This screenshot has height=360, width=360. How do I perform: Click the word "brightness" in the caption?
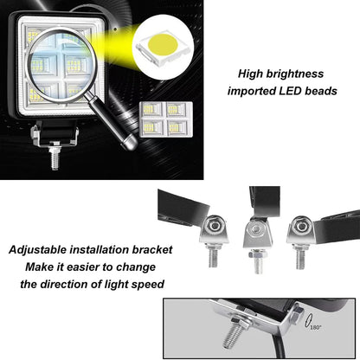click(295, 74)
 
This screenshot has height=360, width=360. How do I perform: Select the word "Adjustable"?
click(37, 250)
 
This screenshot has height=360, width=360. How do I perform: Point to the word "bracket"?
click(152, 249)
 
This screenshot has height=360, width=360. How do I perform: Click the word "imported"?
click(251, 91)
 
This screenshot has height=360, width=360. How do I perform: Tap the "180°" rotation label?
click(316, 327)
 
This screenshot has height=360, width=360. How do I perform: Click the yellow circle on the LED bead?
click(163, 44)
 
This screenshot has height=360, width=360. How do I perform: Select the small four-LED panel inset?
click(166, 119)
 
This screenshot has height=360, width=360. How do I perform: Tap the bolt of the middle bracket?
click(258, 262)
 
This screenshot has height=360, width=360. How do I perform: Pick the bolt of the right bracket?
click(300, 257)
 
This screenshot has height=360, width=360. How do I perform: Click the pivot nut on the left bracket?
click(215, 225)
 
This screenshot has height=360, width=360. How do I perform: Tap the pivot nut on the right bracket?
click(302, 225)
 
